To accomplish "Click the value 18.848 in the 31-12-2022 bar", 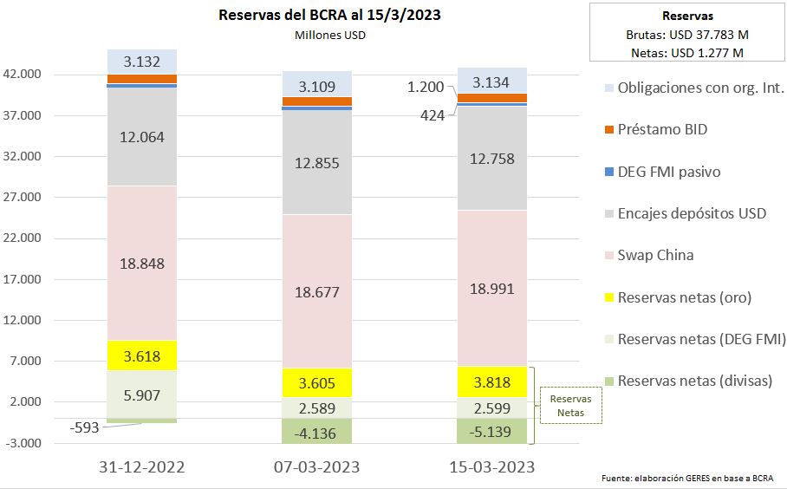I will click(x=143, y=264).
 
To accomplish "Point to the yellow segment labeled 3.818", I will click(x=492, y=381).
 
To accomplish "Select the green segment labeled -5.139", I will click(x=492, y=430).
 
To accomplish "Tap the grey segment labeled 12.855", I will click(x=318, y=164).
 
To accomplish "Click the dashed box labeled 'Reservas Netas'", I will click(x=569, y=406).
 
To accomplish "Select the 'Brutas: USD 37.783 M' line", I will click(x=687, y=36).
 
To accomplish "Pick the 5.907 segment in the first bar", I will click(x=143, y=395).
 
